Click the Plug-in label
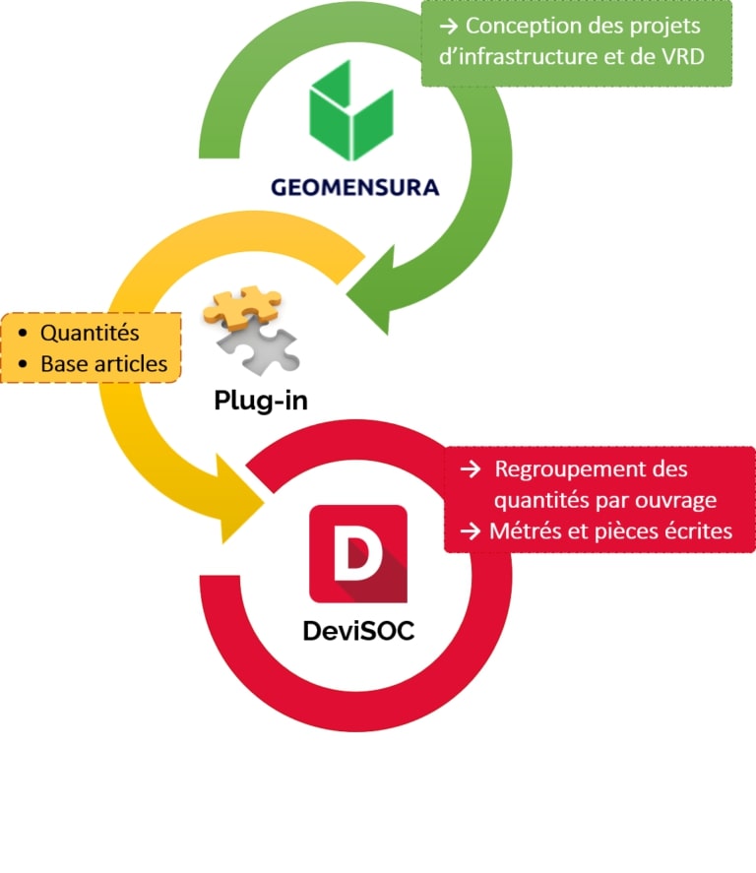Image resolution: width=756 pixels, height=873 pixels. tap(260, 401)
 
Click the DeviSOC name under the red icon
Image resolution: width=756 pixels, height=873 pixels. tap(358, 630)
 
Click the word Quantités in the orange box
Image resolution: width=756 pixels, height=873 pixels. tap(90, 333)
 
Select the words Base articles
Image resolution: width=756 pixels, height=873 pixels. tap(103, 363)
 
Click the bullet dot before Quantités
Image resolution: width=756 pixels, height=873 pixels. tap(23, 334)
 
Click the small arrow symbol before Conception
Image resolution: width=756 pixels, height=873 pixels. tap(448, 26)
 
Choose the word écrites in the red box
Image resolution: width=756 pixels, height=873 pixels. tap(694, 530)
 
